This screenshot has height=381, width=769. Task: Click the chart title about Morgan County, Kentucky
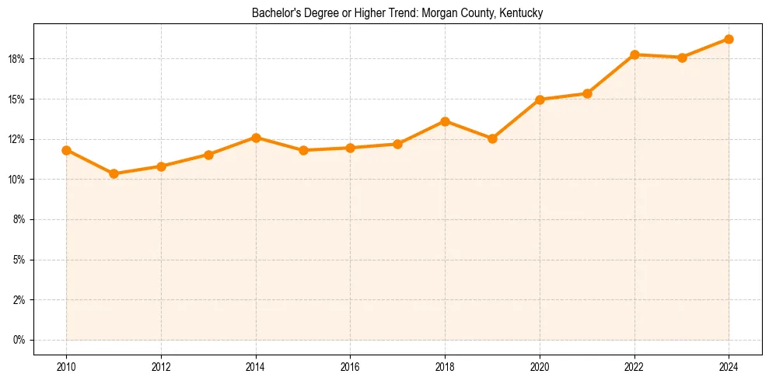pos(397,13)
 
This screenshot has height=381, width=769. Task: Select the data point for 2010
pos(66,150)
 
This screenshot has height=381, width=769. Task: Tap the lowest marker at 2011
pos(114,173)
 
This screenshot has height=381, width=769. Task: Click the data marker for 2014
pos(256,138)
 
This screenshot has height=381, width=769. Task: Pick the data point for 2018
pos(445,121)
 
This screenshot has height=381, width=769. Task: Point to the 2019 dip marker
pos(492,138)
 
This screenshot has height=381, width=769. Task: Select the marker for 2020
pos(540,100)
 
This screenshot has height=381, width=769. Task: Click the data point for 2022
pos(634,54)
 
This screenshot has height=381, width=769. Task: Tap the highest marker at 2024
pos(729,39)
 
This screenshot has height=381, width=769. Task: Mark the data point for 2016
pos(350,148)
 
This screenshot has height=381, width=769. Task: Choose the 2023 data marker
pos(682,58)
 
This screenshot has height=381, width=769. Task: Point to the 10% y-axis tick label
pos(17,180)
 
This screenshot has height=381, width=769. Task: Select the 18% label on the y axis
pos(17,59)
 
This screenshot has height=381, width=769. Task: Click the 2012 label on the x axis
pos(161,366)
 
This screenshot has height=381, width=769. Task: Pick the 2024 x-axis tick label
pos(729,366)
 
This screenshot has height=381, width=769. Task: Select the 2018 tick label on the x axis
pos(445,366)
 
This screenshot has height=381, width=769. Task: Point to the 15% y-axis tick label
pos(17,100)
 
